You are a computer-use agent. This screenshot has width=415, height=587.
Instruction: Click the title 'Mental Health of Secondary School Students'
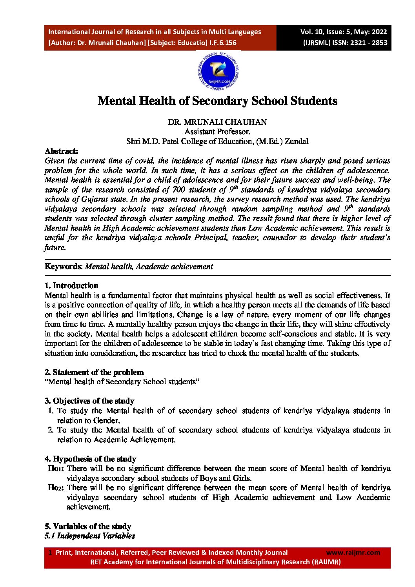[217, 101]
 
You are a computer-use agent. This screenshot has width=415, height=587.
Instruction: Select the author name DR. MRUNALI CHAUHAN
[217, 122]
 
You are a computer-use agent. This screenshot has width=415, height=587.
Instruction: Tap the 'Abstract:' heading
[62, 151]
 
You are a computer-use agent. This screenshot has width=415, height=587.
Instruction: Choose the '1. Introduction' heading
[71, 285]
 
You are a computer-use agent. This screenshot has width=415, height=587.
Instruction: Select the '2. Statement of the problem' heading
[94, 372]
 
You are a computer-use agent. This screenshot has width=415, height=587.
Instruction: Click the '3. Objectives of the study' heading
[89, 401]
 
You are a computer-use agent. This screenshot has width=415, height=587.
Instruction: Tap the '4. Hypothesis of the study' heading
[90, 459]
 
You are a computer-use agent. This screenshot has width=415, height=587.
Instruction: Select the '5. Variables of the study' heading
[88, 526]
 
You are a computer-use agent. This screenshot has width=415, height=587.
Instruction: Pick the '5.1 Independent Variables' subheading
[90, 536]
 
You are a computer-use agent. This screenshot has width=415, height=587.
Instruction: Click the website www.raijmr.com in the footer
[353, 552]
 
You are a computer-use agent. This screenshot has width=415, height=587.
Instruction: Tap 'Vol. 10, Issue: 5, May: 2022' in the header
[344, 32]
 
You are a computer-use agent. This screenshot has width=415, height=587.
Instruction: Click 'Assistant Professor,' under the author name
[217, 131]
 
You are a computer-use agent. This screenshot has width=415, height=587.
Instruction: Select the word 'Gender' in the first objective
[106, 420]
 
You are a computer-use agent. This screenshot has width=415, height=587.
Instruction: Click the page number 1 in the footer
[50, 552]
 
